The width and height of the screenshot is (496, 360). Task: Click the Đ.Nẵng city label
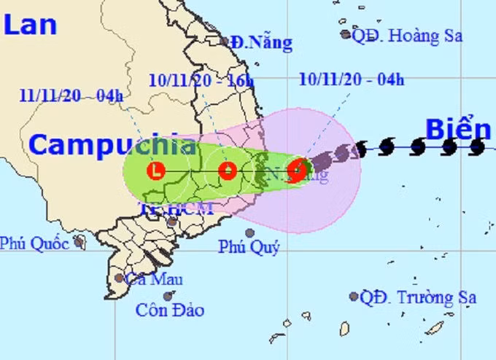[260, 43]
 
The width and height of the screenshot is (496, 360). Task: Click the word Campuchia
[112, 144]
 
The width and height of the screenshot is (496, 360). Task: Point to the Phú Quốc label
[34, 243]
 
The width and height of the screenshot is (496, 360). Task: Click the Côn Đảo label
[170, 310]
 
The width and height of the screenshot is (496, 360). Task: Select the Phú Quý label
[249, 248]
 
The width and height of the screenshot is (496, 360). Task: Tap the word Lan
[30, 25]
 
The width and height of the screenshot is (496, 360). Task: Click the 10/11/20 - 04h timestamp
[351, 79]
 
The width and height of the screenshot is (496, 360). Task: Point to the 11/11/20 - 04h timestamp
[71, 95]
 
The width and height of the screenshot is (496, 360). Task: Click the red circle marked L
[155, 172]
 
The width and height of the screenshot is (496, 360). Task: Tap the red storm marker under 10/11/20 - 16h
[228, 172]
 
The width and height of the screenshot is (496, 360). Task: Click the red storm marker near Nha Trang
[297, 171]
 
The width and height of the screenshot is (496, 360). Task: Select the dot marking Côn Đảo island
[168, 296]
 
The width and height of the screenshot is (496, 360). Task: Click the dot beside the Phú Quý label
[250, 233]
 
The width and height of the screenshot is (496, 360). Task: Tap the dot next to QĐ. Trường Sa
[354, 296]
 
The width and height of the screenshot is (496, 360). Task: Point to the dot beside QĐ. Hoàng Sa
[345, 34]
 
